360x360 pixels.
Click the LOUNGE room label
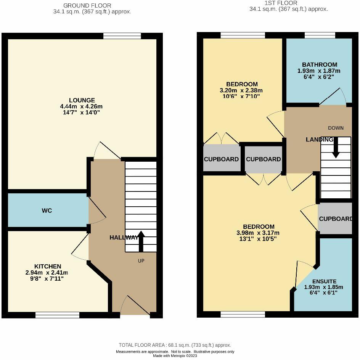pos(82,100)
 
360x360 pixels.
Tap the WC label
pos(47,211)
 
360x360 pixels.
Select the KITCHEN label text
pos(48,266)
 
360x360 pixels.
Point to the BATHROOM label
pos(320,64)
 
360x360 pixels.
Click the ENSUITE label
pos(325,281)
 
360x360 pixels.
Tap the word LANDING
pos(320,139)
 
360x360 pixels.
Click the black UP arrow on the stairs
pos(141,241)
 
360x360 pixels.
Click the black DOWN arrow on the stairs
pos(336,148)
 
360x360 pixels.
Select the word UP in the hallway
pos(141,261)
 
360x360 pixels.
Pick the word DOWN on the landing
pos(336,128)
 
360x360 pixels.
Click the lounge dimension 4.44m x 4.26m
pos(81,106)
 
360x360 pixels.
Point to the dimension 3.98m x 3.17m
pos(258,233)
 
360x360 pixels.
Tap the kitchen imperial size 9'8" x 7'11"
pos(47,279)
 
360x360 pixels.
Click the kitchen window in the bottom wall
pos(58,315)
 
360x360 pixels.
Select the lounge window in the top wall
pos(122,36)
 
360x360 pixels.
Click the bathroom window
pos(320,35)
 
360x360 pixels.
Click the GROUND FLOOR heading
pos(87,5)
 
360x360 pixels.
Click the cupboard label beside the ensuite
pos(336,219)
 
